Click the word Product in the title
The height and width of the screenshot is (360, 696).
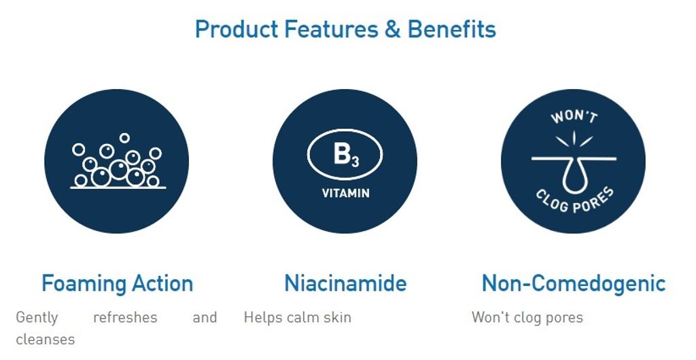pos(237,29)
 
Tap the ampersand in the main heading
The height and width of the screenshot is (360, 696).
pos(393,29)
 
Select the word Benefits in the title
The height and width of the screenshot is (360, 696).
pos(452,29)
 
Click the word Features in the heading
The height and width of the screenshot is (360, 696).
pos(331,29)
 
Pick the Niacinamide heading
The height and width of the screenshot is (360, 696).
pos(345,283)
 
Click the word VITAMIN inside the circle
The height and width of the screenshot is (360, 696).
pos(345,194)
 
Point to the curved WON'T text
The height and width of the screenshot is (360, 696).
pos(574,116)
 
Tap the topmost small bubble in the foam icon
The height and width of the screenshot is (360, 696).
pos(124,138)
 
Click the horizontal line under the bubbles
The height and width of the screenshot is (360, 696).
pos(118,188)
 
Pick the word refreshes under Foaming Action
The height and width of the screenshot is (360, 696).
pos(125,317)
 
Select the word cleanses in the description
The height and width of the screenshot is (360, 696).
pos(46,340)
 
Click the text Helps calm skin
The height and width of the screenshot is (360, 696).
pos(298,317)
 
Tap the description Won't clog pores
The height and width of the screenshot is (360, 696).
pos(527,317)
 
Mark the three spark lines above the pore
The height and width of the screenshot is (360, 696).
pos(574,139)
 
